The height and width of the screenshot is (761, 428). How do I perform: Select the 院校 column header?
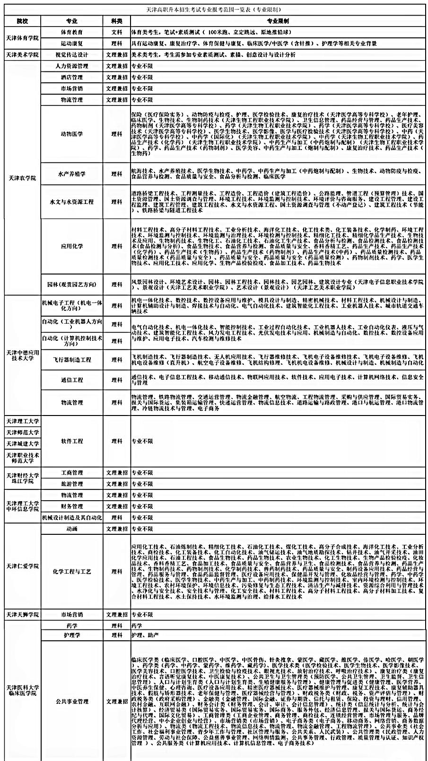click(22, 21)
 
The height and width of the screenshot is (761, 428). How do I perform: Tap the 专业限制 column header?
click(278, 21)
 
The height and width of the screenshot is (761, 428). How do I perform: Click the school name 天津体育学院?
click(22, 38)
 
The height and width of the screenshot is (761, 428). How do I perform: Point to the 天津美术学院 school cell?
click(22, 55)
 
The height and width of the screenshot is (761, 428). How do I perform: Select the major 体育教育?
click(72, 32)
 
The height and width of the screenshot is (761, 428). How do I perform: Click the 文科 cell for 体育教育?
click(116, 32)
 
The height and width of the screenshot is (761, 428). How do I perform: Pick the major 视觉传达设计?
click(72, 55)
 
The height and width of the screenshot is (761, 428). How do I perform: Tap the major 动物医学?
click(72, 134)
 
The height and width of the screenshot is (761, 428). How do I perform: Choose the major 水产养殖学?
click(72, 174)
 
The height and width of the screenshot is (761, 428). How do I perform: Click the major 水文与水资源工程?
click(72, 202)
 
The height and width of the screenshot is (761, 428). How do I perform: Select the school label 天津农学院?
click(22, 178)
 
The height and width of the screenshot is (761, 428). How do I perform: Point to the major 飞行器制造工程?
click(72, 360)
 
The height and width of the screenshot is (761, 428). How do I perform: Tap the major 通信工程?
click(72, 380)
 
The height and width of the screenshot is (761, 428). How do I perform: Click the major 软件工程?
click(72, 441)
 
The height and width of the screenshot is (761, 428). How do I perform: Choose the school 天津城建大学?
click(22, 444)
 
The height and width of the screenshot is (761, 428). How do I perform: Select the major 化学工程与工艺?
click(72, 571)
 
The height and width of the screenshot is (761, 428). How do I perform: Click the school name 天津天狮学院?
click(22, 615)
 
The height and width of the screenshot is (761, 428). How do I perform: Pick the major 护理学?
click(72, 635)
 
